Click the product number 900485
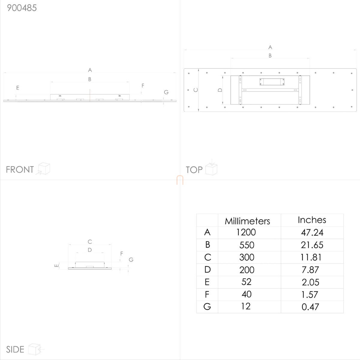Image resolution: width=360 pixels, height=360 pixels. point(22,8)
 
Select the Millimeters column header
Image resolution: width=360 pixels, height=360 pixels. point(247,221)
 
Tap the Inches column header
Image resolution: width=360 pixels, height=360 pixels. point(312,220)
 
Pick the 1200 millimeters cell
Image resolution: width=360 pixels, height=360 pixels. point(246,232)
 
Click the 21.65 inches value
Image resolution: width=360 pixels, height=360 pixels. point(312,245)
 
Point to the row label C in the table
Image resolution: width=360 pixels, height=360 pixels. point(208,257)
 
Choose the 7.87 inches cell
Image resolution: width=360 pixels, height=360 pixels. point(310,270)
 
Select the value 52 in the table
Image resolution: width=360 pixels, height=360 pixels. point(246,282)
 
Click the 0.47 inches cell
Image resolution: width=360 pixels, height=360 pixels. point(310,307)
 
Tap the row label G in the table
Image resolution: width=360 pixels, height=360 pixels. point(207,307)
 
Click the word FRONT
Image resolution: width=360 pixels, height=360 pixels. point(20,169)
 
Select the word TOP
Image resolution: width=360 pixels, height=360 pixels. point(194,170)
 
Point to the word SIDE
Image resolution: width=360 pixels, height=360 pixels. point(15,349)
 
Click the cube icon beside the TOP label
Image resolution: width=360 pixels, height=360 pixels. point(211,168)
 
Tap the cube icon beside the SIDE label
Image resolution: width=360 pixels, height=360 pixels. point(35,349)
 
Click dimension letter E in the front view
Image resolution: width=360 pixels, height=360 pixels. point(18,88)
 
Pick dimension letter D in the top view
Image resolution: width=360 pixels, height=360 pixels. point(220,90)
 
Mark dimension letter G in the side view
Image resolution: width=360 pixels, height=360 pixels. point(131,260)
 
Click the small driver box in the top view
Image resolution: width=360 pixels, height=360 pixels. point(272,82)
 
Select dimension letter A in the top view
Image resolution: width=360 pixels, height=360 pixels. point(270,47)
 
